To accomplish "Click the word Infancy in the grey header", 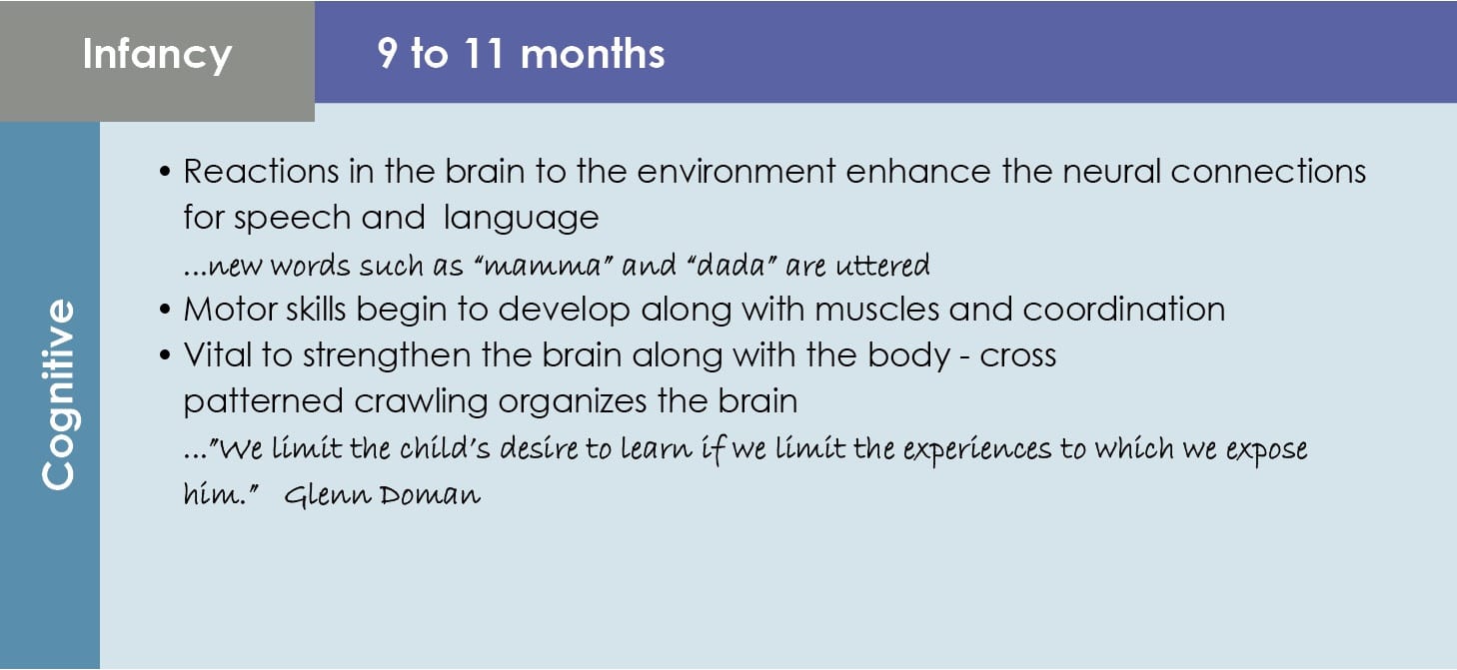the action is pos(157,55).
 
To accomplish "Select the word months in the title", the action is pos(593,53).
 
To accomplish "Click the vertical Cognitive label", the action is pos(59,393).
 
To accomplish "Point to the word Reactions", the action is pos(261,172).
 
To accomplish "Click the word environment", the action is pos(736,172).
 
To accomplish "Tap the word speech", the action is pos(293,219).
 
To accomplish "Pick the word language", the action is pos(521,219).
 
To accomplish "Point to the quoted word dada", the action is pos(731,266).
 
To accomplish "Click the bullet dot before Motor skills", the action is pos(165,310).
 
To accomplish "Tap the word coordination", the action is pos(1124,309).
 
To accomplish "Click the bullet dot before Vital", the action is pos(165,355).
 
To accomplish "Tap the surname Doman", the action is pos(431,496).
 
